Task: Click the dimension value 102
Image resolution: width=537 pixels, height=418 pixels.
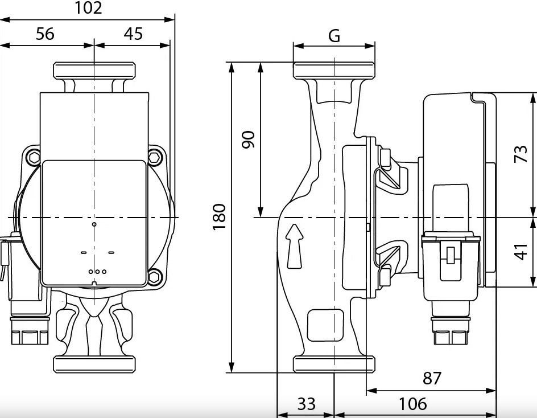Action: pos(88,8)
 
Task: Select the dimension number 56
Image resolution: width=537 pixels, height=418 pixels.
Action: pos(45,34)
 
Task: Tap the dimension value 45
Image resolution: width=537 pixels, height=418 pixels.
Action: pos(133,34)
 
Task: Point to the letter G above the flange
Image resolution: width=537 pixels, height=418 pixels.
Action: pos(334,36)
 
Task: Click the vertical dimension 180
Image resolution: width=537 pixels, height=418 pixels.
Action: pos(220,217)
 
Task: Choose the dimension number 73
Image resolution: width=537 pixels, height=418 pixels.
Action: pos(521,153)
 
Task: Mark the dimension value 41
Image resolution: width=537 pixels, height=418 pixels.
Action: pos(521,251)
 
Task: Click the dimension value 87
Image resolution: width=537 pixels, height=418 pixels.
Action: pos(432,378)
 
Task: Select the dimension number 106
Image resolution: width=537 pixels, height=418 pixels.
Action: pos(413,404)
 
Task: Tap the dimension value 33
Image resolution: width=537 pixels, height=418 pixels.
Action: pos(306,404)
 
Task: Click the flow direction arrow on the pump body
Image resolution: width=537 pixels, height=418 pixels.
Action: pos(295,245)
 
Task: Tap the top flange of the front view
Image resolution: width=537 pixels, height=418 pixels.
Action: pos(94,71)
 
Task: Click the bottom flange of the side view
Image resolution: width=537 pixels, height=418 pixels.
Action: pos(334,364)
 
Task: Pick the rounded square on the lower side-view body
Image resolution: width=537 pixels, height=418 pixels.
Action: pos(325,325)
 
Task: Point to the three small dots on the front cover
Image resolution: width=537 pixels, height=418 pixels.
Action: pos(97,272)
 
